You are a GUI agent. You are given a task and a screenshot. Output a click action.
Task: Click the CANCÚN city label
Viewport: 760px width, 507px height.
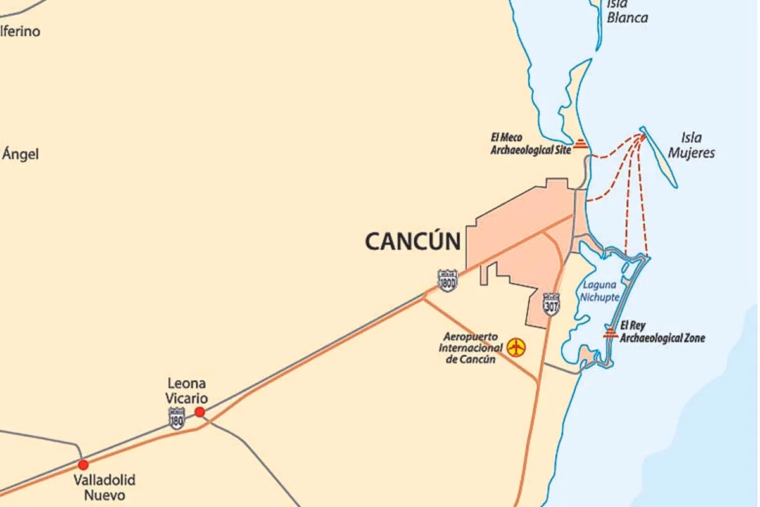point(412,241)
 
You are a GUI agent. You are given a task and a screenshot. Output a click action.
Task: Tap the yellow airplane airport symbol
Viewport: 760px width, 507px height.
point(516,347)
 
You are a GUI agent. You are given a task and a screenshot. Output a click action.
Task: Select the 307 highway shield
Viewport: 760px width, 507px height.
point(551,304)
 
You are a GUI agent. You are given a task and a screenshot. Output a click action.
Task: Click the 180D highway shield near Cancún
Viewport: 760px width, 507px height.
point(447,281)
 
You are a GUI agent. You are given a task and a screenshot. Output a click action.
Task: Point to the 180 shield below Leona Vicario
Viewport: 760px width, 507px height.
point(177,418)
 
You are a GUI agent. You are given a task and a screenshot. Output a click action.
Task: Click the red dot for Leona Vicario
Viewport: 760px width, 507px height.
point(199,412)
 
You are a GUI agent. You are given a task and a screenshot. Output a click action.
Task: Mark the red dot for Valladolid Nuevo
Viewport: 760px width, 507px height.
point(83,465)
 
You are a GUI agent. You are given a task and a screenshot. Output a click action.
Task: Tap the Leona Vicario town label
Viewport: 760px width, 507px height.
point(186,390)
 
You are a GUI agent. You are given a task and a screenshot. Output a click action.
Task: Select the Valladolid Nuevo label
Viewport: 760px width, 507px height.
point(104,487)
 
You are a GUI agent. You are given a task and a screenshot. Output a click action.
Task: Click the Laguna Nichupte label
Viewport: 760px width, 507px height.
point(600,291)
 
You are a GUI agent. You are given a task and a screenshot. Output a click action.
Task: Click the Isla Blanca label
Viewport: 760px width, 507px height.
point(627,11)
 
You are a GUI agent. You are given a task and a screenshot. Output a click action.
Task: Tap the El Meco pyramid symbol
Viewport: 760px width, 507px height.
point(580,144)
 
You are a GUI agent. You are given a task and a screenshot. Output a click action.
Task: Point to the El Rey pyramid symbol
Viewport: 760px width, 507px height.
point(611,333)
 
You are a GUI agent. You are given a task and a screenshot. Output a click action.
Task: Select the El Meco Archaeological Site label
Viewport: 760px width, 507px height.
point(530,144)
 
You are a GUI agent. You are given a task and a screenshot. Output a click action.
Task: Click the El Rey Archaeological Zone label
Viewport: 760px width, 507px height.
point(662,332)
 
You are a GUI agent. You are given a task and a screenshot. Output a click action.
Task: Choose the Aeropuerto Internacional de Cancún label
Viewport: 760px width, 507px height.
point(471,347)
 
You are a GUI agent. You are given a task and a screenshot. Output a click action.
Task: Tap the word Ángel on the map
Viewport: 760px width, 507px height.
point(20,154)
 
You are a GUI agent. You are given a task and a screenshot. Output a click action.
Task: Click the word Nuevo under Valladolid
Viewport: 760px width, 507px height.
point(104,495)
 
